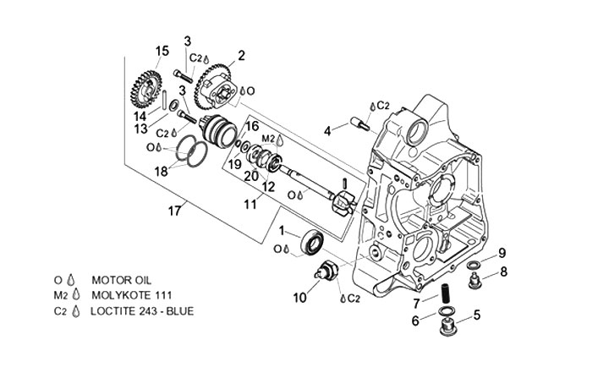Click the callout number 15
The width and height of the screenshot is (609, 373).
[162, 51]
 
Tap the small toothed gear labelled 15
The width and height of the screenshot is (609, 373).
[146, 90]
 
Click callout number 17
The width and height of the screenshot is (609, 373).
[174, 211]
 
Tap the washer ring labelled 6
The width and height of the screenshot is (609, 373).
[446, 311]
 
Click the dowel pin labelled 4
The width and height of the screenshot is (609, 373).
[360, 123]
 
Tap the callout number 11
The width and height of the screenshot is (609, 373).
[250, 203]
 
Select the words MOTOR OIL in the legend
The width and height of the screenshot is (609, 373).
[122, 280]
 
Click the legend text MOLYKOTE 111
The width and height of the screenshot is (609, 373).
[132, 295]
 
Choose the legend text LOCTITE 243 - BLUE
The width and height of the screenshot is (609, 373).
[142, 311]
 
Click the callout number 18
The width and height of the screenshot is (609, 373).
[161, 172]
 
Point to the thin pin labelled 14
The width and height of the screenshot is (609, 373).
[165, 99]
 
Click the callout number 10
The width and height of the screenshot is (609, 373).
[299, 298]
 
